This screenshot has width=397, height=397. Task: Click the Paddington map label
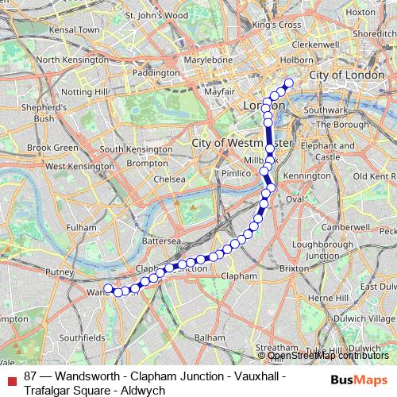(x=156, y=73)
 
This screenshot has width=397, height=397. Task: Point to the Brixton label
(x=294, y=269)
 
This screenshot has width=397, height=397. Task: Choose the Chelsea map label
(x=170, y=179)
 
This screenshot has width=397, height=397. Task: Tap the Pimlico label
(x=236, y=172)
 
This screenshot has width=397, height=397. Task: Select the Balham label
(x=210, y=337)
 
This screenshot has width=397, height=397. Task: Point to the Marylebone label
(x=207, y=60)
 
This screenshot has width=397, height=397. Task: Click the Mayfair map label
(x=219, y=92)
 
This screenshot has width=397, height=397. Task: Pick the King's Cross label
(x=276, y=25)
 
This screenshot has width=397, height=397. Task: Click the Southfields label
(x=82, y=337)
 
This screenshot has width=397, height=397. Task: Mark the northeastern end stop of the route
(x=288, y=83)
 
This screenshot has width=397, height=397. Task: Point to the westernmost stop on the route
(x=108, y=288)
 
